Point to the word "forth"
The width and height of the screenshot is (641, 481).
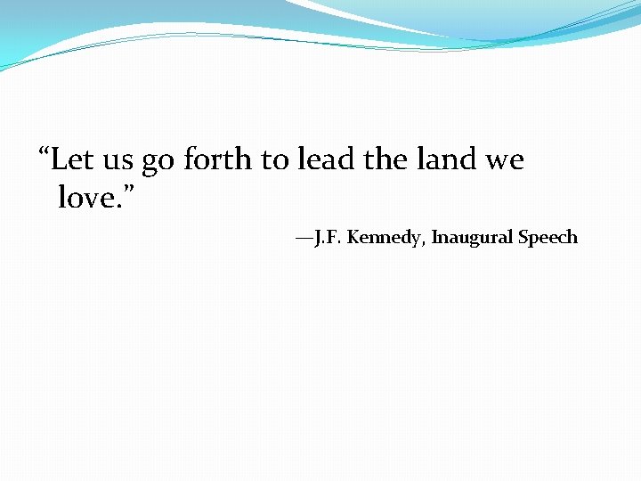[218, 160]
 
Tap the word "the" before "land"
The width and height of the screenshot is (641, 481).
[385, 160]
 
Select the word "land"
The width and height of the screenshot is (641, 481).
[447, 160]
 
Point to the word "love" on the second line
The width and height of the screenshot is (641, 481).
[86, 197]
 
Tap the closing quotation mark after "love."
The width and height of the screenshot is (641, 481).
[135, 190]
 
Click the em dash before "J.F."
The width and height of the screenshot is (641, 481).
[305, 238]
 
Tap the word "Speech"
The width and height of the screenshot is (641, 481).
[548, 238]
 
